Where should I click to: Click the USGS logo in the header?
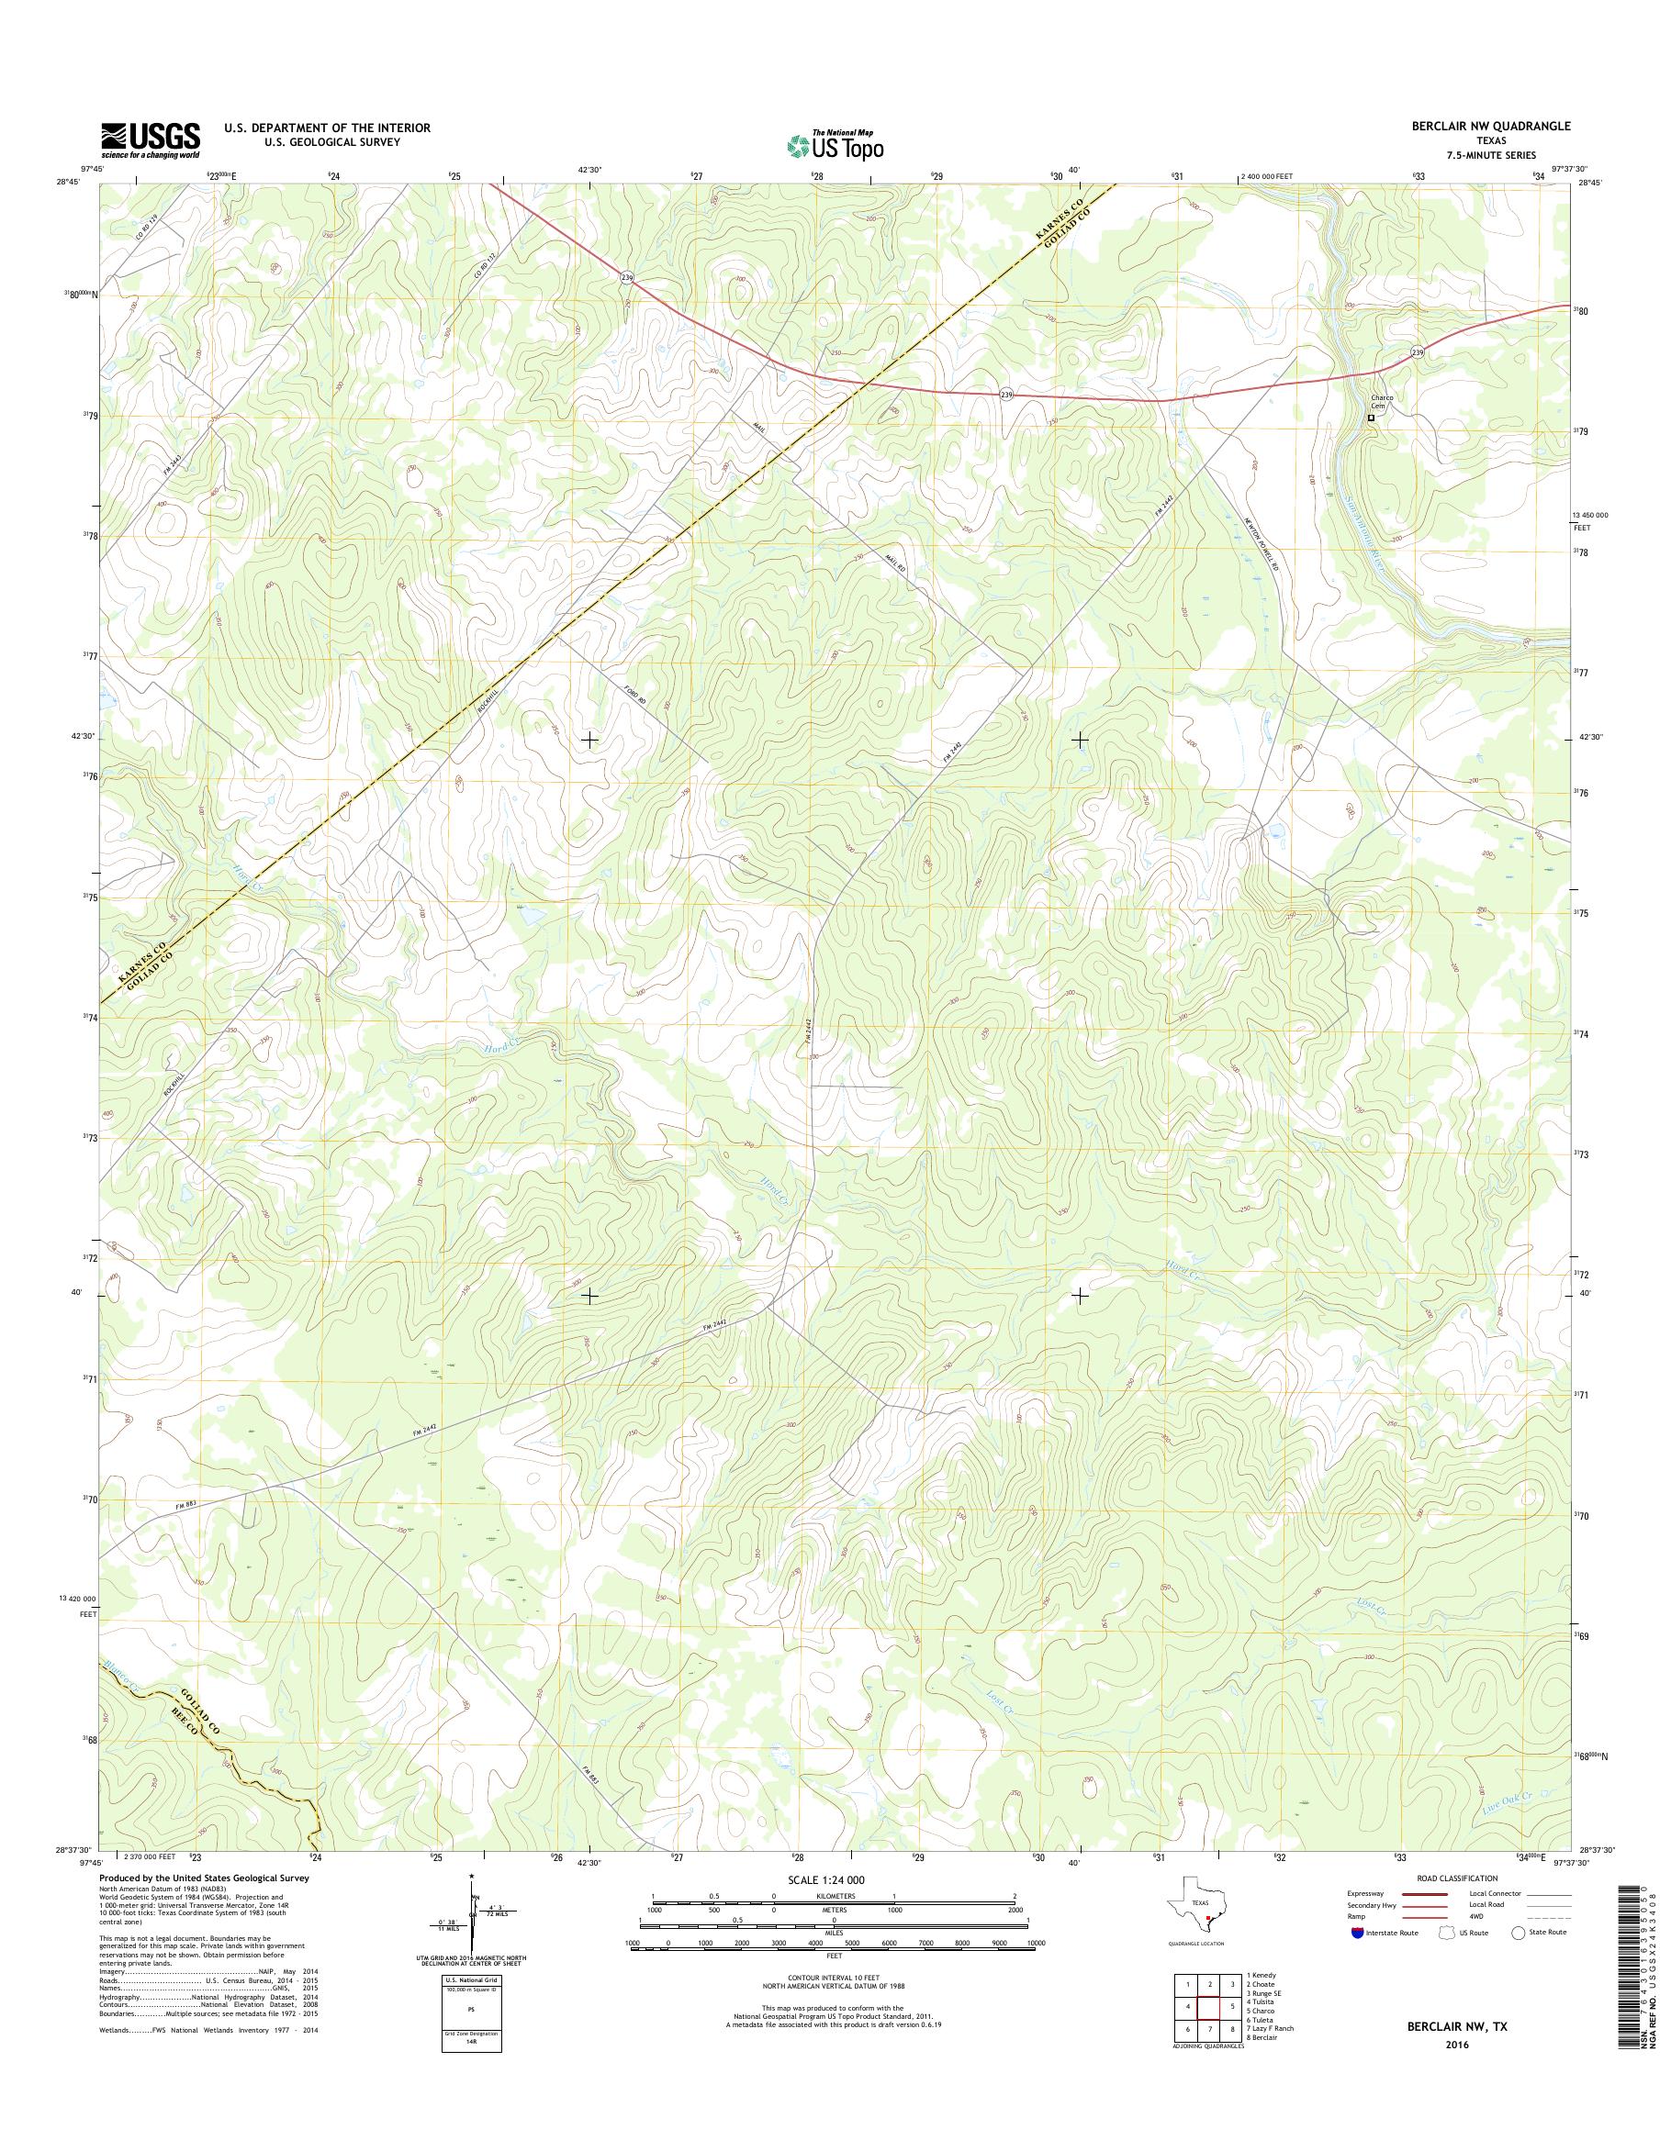coord(151,139)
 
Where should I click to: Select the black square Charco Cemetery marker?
coord(1371,418)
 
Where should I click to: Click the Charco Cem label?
coord(1381,402)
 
